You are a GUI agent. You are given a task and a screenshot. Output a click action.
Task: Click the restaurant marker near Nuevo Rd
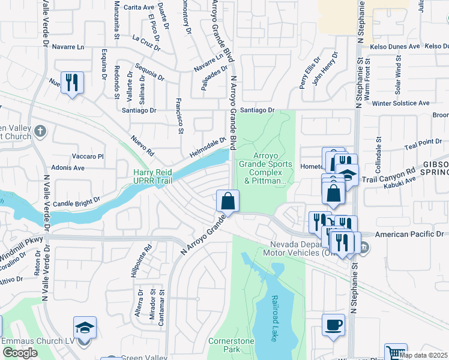[x=73, y=82]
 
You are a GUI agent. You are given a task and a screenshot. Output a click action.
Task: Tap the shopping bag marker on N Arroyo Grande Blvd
[x=228, y=200]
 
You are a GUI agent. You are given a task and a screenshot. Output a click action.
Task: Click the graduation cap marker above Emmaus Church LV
[x=85, y=328]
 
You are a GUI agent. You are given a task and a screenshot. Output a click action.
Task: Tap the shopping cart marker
[x=396, y=353]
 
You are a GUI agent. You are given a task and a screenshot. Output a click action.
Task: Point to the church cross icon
[x=40, y=131]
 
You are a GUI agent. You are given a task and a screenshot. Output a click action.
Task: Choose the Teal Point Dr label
[x=423, y=142]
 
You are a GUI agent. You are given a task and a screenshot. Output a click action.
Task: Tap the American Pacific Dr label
[x=412, y=234]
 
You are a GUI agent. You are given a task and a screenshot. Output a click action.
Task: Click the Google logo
[x=20, y=353]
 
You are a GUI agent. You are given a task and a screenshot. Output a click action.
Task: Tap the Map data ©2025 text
[x=423, y=355]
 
